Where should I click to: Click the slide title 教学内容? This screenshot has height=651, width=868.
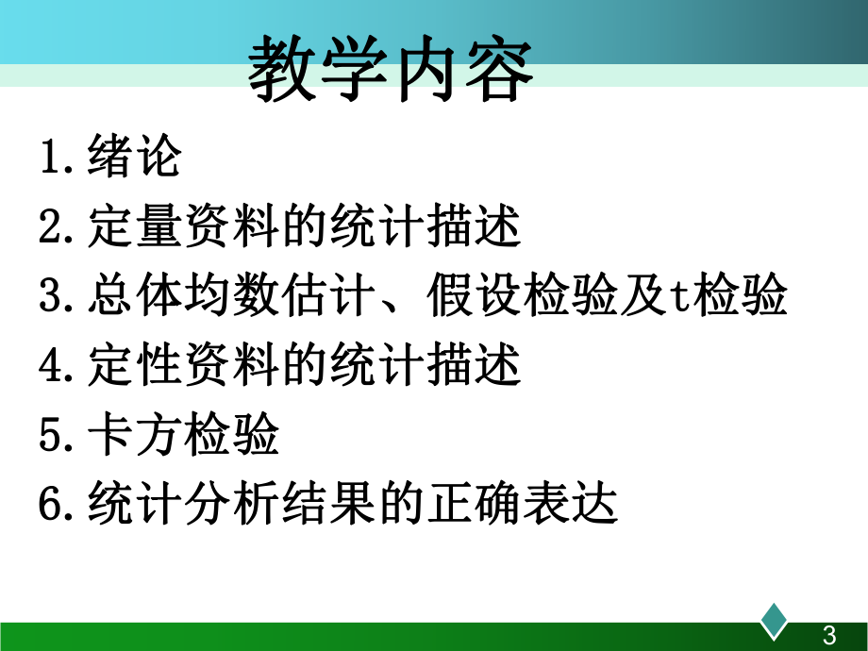(x=390, y=72)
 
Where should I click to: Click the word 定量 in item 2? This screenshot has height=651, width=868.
(x=133, y=226)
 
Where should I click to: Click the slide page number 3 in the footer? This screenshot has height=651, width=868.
(x=830, y=635)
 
